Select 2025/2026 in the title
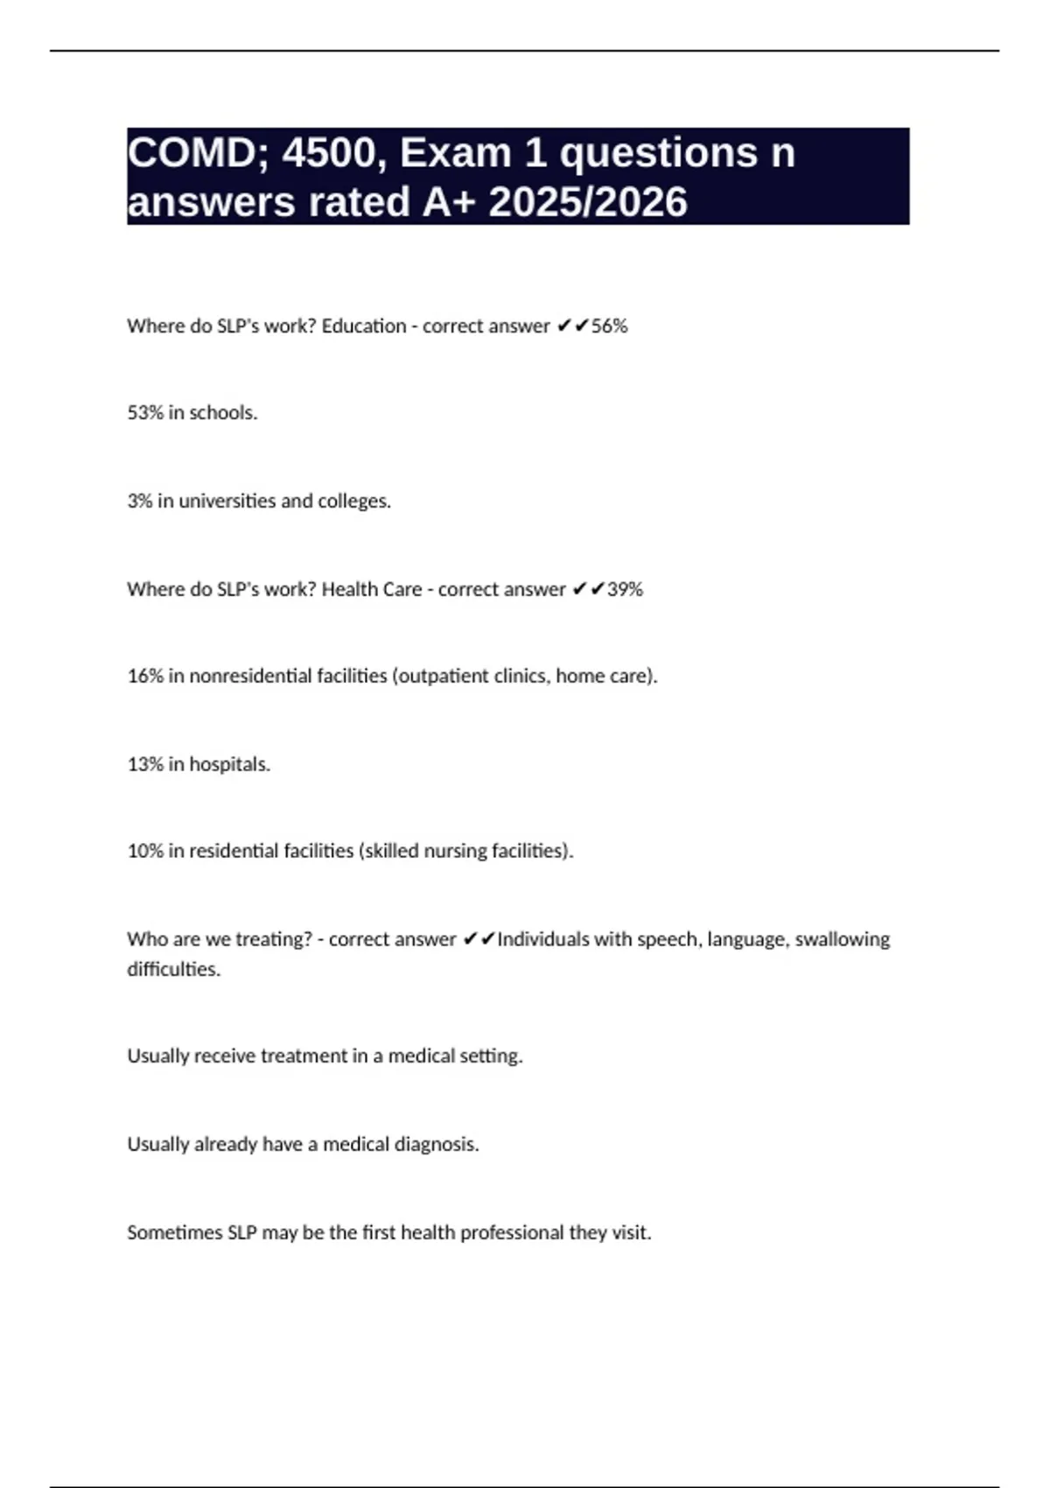point(588,202)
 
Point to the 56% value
point(610,326)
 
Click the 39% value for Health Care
point(626,589)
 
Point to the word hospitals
point(230,764)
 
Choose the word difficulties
point(173,969)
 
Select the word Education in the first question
point(364,326)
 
